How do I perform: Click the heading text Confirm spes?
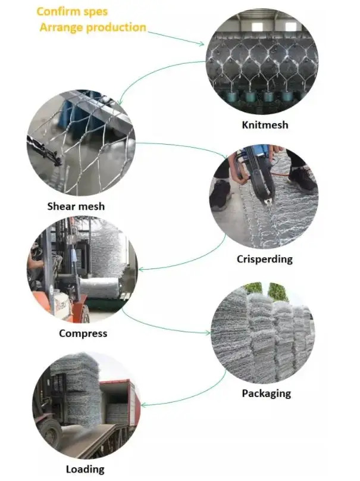coord(73,11)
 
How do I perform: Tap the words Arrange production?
coord(93,27)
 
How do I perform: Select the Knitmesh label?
coord(265,125)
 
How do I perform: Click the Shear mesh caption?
coord(76,207)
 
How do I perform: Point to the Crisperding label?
coord(265,259)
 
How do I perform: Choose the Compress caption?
coord(83,333)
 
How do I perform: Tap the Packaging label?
coord(266,393)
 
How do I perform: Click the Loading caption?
coord(85,470)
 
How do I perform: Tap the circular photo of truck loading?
coord(86,405)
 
